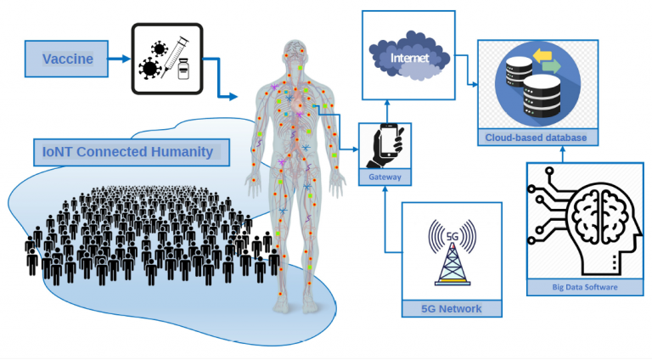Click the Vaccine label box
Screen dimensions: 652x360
[x=66, y=59]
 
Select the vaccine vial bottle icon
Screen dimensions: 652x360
[x=183, y=69]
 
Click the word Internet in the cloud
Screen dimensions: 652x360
[x=409, y=58]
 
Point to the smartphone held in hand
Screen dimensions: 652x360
[x=388, y=140]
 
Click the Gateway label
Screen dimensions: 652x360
[x=385, y=177]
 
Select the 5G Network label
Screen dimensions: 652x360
[x=452, y=308]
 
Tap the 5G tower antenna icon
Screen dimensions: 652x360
[x=452, y=254]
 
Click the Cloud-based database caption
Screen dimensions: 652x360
[x=536, y=138]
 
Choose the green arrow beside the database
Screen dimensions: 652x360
[x=552, y=66]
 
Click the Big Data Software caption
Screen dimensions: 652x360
[x=585, y=287]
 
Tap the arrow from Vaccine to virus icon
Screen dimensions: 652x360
[x=120, y=59]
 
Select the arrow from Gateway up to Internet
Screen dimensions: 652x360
[x=387, y=111]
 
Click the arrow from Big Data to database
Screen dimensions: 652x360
[x=563, y=154]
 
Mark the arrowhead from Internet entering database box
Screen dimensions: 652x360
[x=475, y=85]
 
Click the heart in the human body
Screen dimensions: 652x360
[x=297, y=103]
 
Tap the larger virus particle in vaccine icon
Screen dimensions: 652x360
[x=149, y=68]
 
